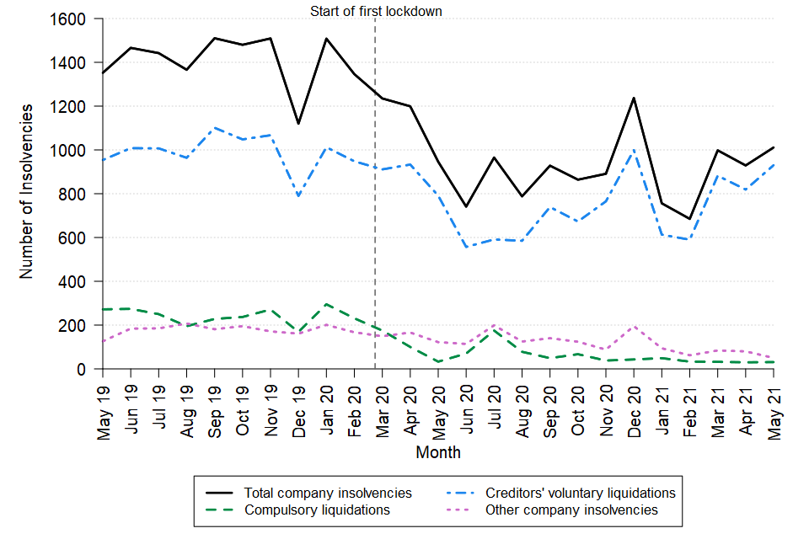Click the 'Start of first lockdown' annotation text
[376, 11]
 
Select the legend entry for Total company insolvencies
[328, 493]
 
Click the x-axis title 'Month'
[438, 452]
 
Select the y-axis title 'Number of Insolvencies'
[27, 192]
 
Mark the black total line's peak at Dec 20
[634, 98]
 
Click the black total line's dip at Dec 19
[298, 124]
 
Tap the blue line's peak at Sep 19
[215, 128]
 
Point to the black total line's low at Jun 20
[466, 207]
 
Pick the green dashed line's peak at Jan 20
[326, 304]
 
